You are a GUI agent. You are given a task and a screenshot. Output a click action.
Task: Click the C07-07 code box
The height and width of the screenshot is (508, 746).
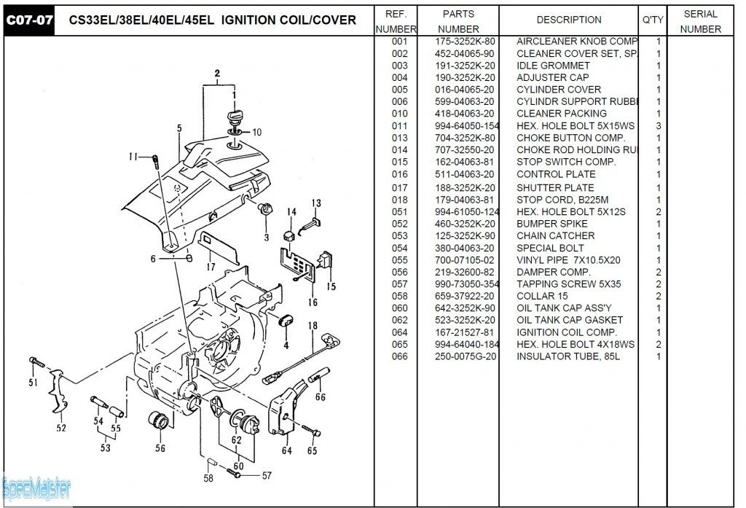29,20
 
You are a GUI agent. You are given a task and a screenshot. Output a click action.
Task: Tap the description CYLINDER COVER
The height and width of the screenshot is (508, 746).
558,90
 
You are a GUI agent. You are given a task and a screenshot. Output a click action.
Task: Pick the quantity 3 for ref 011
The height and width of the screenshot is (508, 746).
658,126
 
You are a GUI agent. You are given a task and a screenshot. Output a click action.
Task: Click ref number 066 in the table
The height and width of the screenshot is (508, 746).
399,356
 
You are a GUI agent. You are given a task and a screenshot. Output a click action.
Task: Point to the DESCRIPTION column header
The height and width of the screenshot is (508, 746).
568,20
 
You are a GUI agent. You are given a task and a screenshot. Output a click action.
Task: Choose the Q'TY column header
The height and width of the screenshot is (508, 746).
652,20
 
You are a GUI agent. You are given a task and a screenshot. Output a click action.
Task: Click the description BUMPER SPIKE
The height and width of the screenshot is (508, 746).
551,224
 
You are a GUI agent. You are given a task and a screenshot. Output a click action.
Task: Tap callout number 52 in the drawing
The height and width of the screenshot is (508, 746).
61,428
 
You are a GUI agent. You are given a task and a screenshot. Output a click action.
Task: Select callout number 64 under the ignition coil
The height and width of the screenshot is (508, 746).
287,450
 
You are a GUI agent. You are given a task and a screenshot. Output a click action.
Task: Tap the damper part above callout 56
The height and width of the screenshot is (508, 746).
158,421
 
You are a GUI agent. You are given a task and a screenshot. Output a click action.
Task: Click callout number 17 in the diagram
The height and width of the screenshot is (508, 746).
211,267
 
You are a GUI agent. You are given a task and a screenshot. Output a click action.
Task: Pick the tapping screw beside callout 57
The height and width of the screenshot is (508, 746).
235,473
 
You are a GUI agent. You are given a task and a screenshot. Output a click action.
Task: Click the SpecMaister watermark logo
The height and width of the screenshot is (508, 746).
36,485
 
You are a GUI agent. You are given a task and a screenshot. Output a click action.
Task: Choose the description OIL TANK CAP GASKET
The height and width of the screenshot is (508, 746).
569,320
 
